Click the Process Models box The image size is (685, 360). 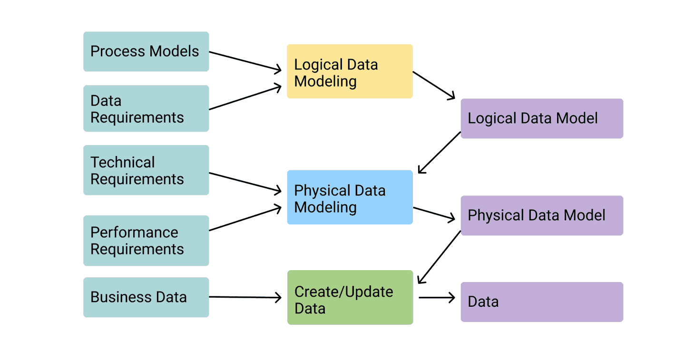[146, 51]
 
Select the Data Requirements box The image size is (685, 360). [146, 108]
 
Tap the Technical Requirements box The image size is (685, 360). [146, 170]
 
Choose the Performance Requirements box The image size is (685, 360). [146, 241]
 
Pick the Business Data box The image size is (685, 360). [146, 297]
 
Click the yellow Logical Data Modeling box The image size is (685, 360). [350, 72]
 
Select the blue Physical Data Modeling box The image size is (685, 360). [350, 197]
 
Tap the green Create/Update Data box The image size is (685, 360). [350, 298]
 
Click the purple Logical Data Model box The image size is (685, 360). [542, 118]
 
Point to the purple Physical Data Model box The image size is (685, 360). [542, 215]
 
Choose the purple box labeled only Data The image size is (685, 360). [542, 302]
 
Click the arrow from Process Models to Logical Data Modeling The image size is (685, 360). [245, 61]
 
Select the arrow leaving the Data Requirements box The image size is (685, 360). [245, 98]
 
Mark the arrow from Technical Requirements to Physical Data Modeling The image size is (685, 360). [245, 182]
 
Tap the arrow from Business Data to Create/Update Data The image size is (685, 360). [245, 297]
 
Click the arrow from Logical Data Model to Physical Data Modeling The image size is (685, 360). [440, 152]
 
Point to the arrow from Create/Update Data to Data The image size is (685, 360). [437, 298]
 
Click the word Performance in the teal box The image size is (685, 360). [134, 233]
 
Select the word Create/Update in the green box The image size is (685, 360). [344, 292]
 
